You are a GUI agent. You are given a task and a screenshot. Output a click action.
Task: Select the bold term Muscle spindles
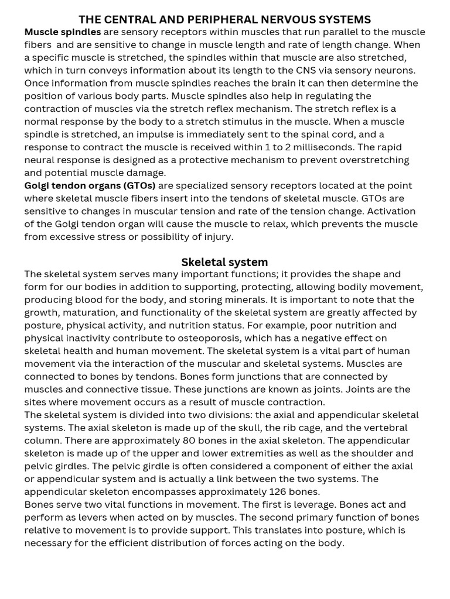[x=62, y=32]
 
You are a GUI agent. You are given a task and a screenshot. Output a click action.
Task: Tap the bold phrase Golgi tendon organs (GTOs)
[x=90, y=185]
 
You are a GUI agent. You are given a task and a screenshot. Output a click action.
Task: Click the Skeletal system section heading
[x=224, y=262]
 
